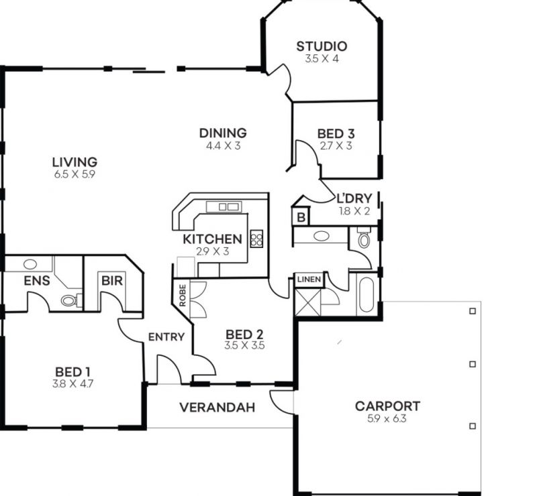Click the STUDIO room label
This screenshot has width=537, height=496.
(322, 46)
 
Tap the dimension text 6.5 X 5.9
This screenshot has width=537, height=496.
(75, 174)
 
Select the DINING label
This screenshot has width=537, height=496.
(223, 133)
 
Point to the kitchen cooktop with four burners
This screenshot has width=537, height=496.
(256, 239)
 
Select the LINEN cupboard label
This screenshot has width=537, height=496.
(309, 280)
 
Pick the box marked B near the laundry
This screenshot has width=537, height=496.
(301, 217)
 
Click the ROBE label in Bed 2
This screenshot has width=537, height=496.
(183, 296)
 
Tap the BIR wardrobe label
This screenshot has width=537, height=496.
(112, 281)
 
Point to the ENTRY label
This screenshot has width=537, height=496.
(166, 337)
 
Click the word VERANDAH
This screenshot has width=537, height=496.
(217, 408)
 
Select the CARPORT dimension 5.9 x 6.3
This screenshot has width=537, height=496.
(387, 419)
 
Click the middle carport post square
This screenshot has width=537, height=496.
(473, 365)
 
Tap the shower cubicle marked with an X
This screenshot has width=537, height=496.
(308, 302)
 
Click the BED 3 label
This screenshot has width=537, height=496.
(336, 133)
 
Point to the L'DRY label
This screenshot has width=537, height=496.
(354, 199)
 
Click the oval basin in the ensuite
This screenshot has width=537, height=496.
(30, 264)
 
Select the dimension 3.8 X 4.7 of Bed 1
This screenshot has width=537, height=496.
(72, 384)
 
